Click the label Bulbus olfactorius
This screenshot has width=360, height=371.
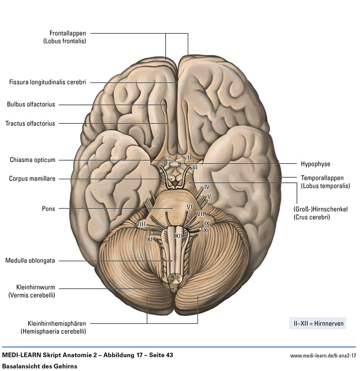tap(31, 104)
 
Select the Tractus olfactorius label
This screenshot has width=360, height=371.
tap(30, 123)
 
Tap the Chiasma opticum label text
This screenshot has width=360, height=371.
tap(32, 160)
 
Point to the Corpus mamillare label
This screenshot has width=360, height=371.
tap(32, 179)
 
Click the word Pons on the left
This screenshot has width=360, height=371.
tap(48, 208)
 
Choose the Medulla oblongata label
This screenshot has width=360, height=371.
tap(30, 260)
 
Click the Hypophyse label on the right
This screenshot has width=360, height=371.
tap(315, 164)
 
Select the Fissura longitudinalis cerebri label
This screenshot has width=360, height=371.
tap(47, 82)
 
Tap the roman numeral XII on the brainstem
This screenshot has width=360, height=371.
tap(179, 235)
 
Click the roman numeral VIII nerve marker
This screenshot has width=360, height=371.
tap(140, 224)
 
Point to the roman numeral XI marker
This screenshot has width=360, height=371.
tap(150, 240)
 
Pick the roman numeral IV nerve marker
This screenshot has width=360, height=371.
tap(207, 186)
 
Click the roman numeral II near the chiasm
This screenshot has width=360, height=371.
tap(189, 158)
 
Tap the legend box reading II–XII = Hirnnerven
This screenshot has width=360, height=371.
tap(317, 323)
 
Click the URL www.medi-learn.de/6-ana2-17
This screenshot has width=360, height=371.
tap(323, 356)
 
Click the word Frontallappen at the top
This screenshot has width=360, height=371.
tap(67, 33)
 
